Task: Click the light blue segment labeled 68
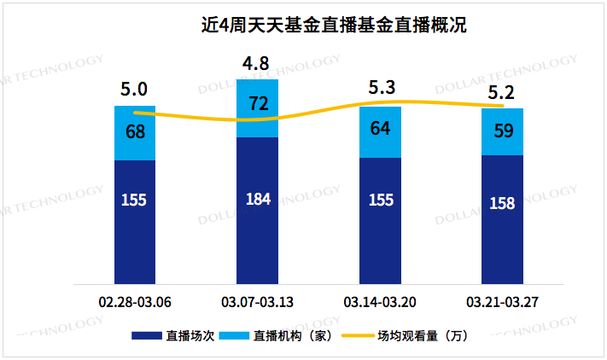point(135,133)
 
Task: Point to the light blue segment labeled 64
point(381,132)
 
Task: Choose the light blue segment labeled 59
point(503,131)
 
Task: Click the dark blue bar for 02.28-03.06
point(135,222)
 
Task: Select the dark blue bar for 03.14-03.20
point(381,221)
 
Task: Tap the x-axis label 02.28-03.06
point(135,303)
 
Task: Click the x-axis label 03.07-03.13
point(258,303)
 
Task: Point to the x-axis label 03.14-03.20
point(381,303)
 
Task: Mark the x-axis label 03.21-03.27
point(503,303)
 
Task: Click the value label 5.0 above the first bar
point(135,89)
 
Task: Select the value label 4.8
point(257,63)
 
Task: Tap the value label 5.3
point(381,87)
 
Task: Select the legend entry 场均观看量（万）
point(423,336)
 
